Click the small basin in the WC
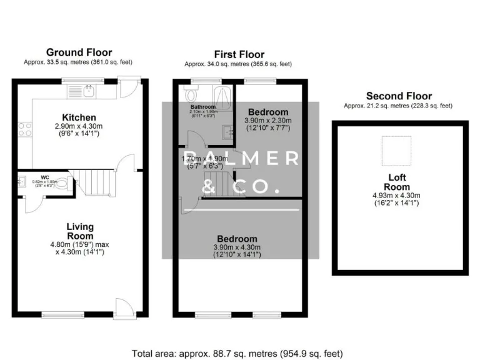(22, 181)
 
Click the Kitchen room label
(79, 117)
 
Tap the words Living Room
(80, 231)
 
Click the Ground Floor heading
(79, 52)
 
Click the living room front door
(123, 307)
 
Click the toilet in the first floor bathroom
(191, 95)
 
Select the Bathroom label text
(203, 107)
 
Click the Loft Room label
(397, 182)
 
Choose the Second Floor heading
(398, 96)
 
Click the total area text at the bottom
(237, 352)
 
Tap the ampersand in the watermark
(214, 186)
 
